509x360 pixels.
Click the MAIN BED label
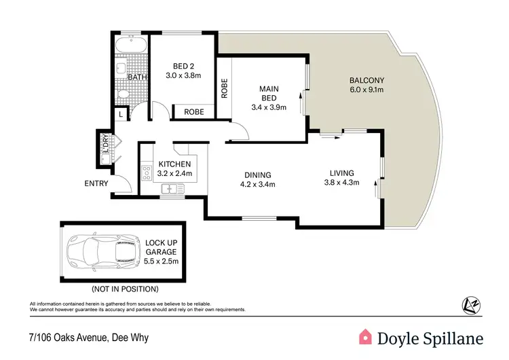coord(269,93)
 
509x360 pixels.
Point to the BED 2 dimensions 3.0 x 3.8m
coord(183,75)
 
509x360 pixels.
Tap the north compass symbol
coord(468,304)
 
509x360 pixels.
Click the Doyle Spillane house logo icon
coord(365,337)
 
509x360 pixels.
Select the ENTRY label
coord(96,183)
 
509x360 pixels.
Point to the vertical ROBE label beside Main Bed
coord(223,88)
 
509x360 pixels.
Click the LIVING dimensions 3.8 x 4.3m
coord(341,182)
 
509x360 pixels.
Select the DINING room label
coord(258,174)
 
